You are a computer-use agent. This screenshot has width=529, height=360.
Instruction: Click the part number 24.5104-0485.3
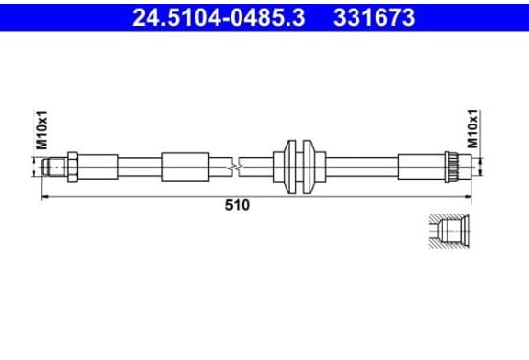218,17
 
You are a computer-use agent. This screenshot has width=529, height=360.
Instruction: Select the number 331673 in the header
374,17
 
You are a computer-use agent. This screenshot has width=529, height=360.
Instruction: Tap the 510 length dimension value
238,205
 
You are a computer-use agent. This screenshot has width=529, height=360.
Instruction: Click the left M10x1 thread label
42,129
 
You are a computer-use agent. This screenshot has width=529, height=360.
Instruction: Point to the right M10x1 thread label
472,128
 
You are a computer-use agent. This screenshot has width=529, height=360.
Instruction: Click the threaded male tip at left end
54,167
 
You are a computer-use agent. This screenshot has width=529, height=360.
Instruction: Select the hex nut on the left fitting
72,167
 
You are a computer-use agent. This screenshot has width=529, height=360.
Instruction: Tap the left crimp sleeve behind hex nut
98,167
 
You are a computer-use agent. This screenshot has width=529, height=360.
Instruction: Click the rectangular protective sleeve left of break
185,168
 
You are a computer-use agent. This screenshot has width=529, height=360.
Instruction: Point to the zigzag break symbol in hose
235,167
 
